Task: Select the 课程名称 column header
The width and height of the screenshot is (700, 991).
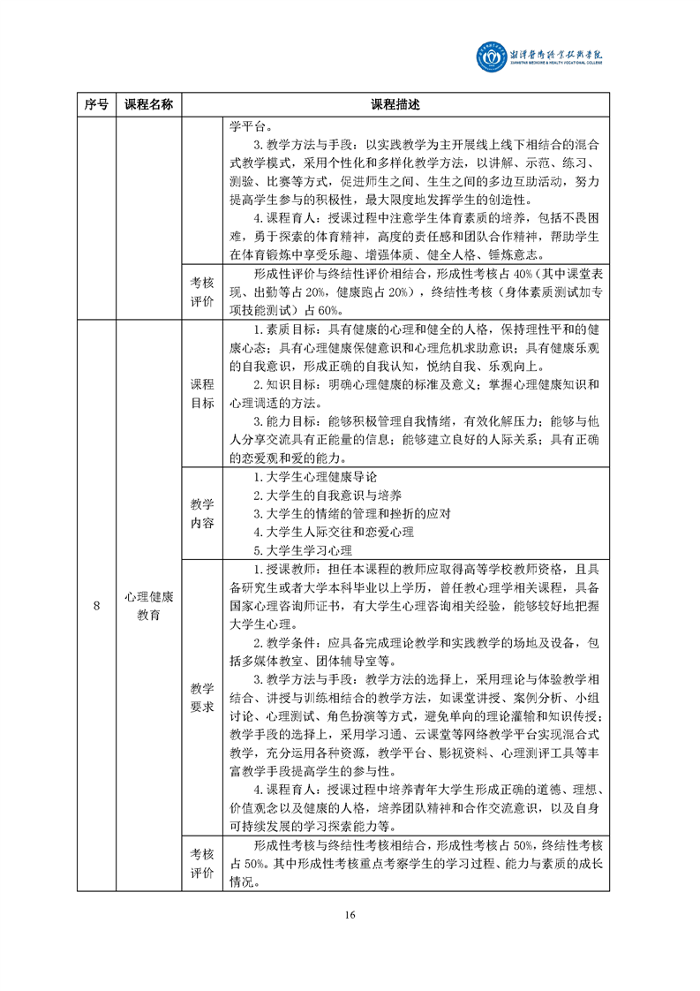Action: coord(148,104)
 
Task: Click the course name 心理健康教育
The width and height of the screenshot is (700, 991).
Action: coord(148,606)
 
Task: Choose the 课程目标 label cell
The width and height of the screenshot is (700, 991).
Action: coord(202,393)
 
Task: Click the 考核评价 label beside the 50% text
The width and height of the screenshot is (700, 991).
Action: coord(202,864)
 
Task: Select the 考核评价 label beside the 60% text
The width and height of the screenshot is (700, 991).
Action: coord(202,291)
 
